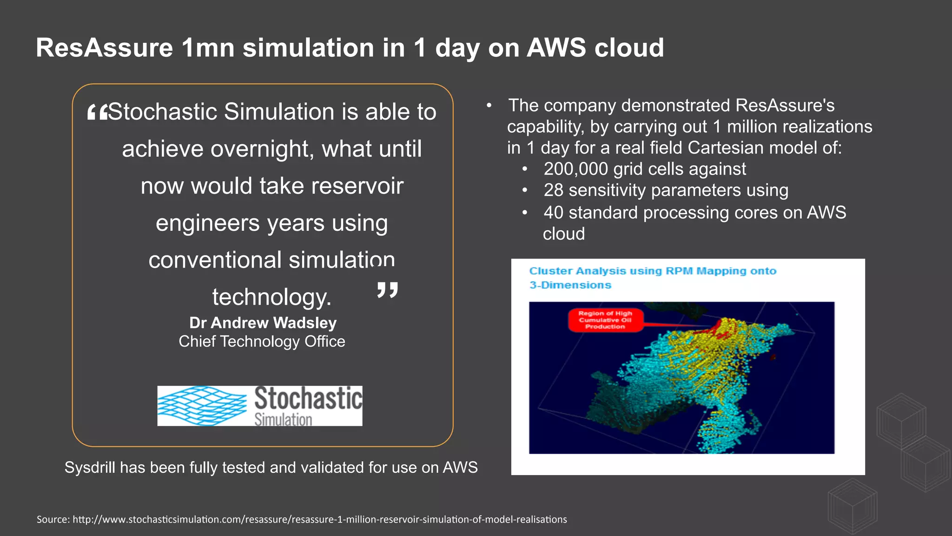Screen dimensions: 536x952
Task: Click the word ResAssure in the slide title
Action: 105,47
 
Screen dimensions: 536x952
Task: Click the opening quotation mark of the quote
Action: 97,112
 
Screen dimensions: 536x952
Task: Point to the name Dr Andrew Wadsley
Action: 263,322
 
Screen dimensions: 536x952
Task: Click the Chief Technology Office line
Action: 262,342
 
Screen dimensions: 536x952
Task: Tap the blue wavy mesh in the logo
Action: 202,406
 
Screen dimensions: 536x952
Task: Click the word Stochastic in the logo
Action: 308,398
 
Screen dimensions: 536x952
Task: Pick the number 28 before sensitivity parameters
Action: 553,190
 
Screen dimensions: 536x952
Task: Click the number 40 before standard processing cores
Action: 553,213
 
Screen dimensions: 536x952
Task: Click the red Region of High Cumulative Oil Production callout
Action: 605,320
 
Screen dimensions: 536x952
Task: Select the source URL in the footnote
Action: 319,519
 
